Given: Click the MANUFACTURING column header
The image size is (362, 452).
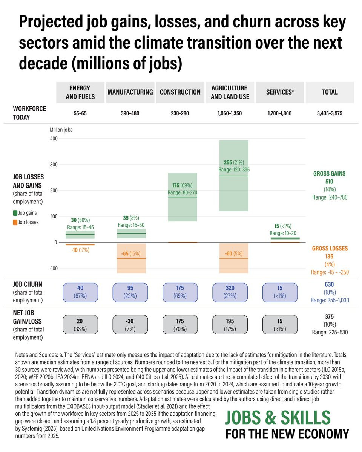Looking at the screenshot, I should tap(130, 92).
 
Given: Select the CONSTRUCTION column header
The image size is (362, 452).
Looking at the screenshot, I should tap(180, 92).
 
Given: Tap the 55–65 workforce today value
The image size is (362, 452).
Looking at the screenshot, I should tap(80, 113).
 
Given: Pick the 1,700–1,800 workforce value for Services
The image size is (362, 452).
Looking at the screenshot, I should tap(279, 113).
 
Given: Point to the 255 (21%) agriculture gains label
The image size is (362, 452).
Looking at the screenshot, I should tap(234, 162).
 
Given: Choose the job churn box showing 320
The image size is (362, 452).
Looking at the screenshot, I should tap(230, 292).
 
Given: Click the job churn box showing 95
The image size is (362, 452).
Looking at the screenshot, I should tap(130, 292).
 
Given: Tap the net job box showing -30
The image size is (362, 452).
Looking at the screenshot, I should tap(130, 325).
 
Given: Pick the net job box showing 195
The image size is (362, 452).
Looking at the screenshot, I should tap(230, 325).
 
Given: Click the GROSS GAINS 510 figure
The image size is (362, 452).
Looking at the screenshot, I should tap(330, 181).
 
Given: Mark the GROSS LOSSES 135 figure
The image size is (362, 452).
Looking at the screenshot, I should tap(330, 257).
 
